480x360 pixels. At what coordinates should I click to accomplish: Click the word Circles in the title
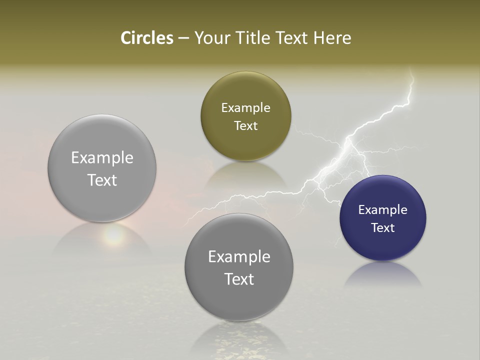click(147, 38)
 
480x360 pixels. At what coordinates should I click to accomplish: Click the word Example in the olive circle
click(245, 107)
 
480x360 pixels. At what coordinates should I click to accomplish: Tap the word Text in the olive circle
click(245, 125)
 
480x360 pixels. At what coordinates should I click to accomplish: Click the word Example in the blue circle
click(383, 209)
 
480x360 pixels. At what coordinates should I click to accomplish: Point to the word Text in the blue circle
click(383, 227)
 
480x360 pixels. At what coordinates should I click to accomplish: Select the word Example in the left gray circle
click(102, 157)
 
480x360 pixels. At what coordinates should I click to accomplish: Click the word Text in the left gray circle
click(102, 180)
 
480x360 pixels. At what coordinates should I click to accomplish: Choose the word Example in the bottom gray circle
click(239, 256)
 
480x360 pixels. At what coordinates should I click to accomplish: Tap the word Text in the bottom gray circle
click(239, 279)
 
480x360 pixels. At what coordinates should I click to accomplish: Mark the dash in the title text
click(183, 38)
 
